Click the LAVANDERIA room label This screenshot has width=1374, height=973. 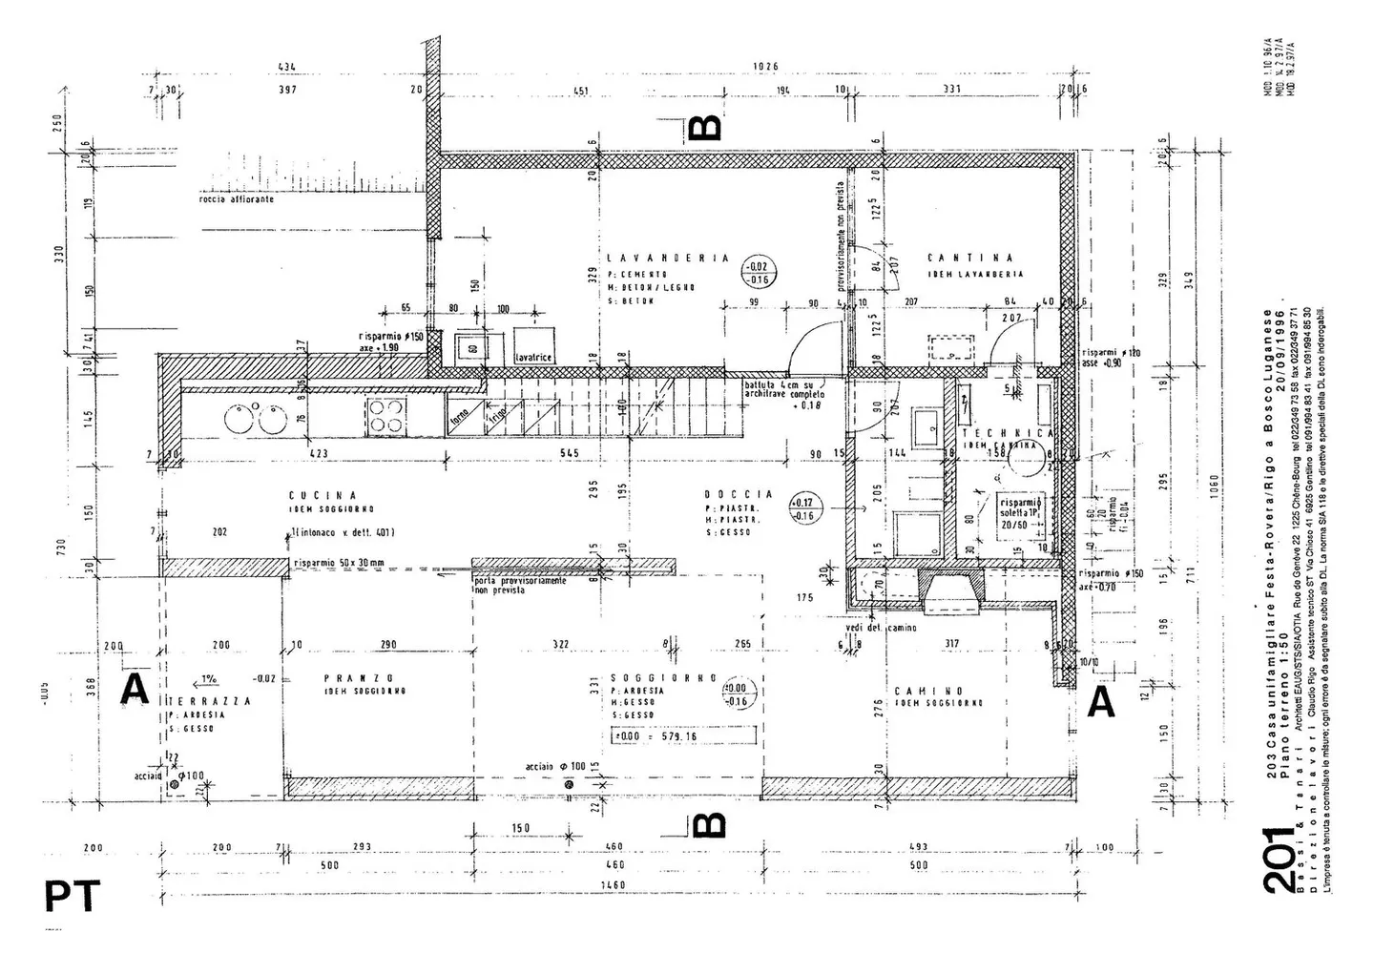pos(668,258)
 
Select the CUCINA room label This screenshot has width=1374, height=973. pos(323,495)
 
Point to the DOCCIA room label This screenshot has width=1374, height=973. pos(739,494)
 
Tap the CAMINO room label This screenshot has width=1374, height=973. pos(928,690)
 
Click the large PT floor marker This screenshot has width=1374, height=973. pos(73,897)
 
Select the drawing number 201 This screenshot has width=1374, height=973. pos(1279,860)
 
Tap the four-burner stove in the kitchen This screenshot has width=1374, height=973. pos(385,417)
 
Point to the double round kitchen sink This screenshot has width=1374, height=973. pos(254,417)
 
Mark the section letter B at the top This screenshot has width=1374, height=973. pos(704,127)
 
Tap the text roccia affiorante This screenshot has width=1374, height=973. pos(237,199)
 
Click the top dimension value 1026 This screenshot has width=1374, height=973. pos(765,67)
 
